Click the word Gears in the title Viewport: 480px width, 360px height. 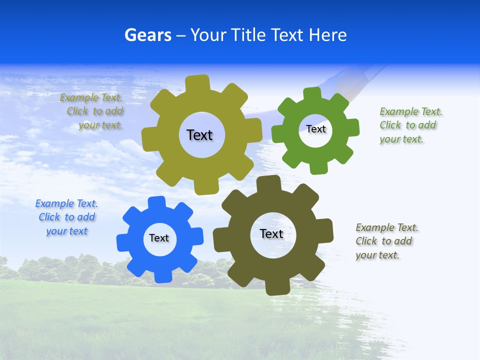pos(147,35)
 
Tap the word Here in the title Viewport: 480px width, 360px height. pos(327,35)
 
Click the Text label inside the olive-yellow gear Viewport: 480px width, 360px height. pos(199,135)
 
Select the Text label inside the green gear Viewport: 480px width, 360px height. pos(315,129)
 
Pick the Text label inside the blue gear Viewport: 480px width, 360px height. pos(159,238)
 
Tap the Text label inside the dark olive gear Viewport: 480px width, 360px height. pos(271,233)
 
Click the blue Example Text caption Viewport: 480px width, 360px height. pos(66,217)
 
